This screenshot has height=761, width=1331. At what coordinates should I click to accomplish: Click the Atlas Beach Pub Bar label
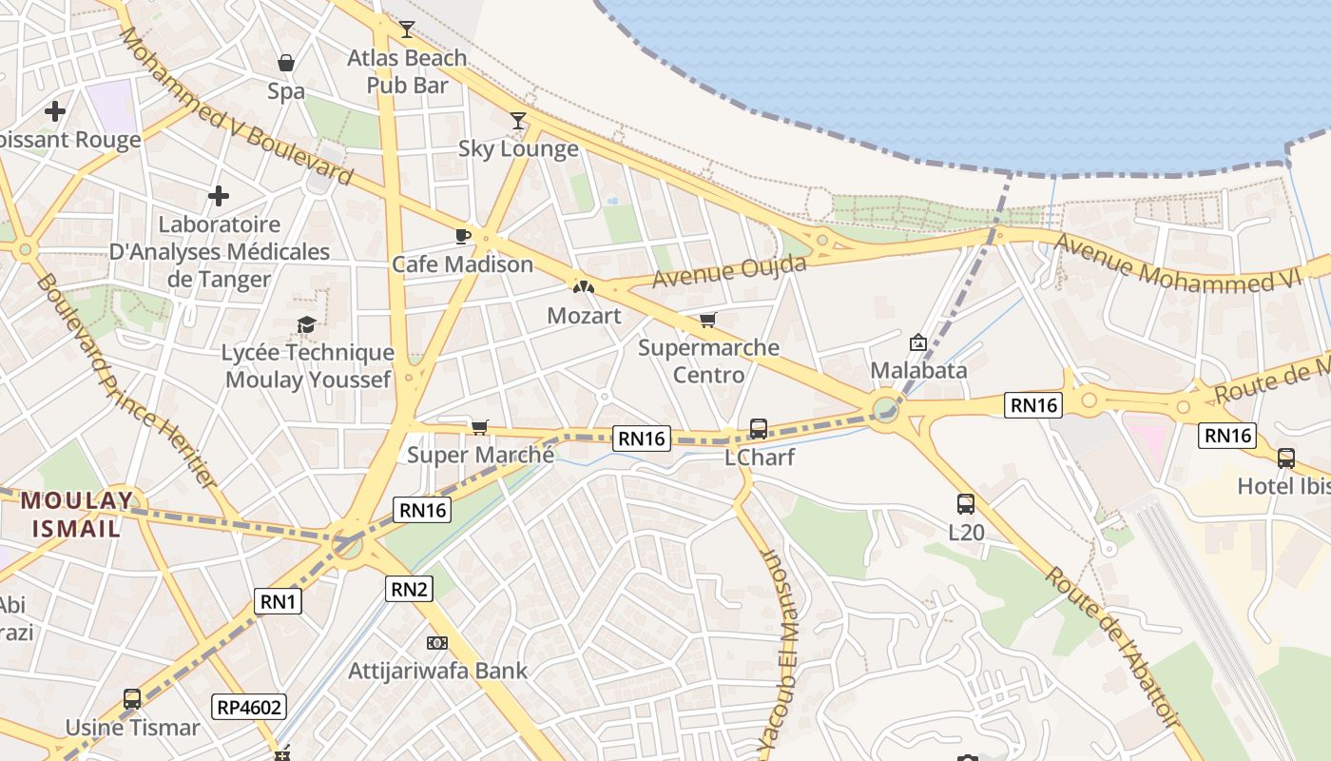(407, 71)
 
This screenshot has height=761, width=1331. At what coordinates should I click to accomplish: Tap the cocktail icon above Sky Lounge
(518, 121)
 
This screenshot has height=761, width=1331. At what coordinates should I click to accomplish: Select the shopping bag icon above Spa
(285, 64)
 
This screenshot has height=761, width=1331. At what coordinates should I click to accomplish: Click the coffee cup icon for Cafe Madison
(463, 236)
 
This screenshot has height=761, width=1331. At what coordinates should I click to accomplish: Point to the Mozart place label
(584, 316)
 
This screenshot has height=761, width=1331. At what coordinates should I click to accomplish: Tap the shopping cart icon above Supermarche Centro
(707, 321)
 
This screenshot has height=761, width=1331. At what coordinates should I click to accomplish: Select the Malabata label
(918, 370)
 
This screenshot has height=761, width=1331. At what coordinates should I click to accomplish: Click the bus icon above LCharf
(759, 429)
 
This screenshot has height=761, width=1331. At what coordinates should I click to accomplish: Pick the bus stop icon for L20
(966, 504)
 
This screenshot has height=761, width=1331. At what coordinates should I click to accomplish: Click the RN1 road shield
(279, 601)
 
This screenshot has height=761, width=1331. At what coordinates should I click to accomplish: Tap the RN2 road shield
(410, 589)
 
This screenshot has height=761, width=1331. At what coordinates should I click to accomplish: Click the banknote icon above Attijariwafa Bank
(437, 644)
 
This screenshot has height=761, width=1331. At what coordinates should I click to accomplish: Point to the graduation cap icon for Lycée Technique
(306, 325)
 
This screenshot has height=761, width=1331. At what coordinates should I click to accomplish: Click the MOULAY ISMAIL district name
(77, 514)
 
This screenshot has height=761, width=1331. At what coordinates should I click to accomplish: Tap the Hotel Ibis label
(1283, 486)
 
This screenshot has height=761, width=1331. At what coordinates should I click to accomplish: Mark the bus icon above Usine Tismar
(132, 699)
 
